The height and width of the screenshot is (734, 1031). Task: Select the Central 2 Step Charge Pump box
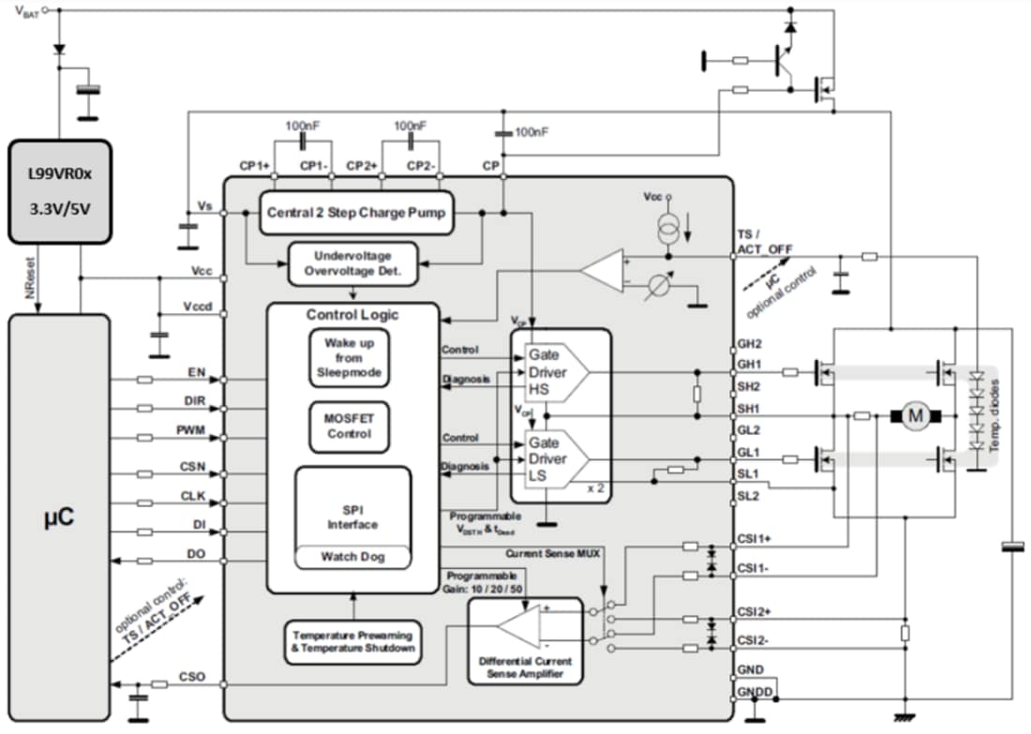point(355,213)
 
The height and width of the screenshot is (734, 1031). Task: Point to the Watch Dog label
point(352,557)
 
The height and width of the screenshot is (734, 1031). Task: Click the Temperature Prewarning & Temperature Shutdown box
point(354,641)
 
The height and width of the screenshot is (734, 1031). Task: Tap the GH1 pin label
point(750,365)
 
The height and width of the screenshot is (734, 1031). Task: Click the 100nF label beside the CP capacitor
point(531,132)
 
